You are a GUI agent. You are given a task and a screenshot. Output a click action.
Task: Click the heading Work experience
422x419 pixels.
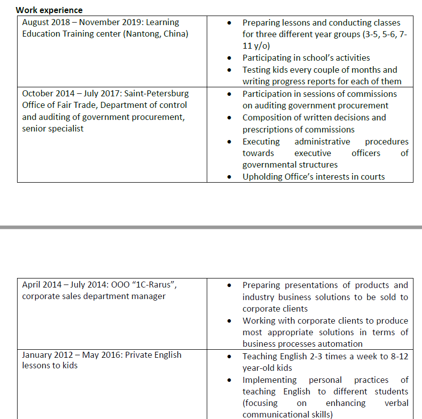click(49, 10)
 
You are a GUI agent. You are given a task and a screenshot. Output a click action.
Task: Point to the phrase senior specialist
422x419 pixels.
click(53, 129)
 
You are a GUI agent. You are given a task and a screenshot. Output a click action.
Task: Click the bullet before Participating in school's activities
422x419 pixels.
click(229, 58)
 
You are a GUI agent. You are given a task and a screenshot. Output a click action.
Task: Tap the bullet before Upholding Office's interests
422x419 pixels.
click(229, 177)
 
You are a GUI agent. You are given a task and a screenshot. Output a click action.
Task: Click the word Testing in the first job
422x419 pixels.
click(256, 70)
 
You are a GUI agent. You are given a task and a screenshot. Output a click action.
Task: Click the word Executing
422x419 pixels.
click(261, 142)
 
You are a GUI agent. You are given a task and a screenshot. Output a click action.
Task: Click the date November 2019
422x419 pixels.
click(111, 23)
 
